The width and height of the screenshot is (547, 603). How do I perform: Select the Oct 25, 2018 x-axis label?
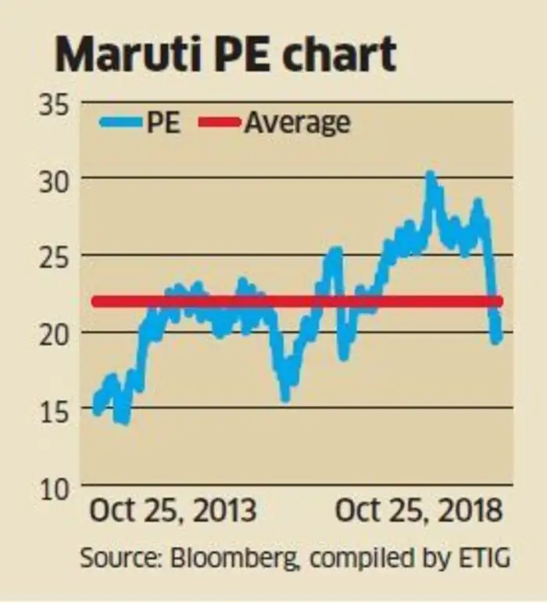(x=419, y=511)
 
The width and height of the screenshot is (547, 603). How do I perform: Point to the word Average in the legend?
(x=297, y=123)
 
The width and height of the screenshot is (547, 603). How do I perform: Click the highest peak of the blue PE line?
(x=429, y=175)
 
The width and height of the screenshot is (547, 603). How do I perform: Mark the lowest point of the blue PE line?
(x=124, y=422)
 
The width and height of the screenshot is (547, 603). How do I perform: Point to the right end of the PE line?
(x=497, y=337)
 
